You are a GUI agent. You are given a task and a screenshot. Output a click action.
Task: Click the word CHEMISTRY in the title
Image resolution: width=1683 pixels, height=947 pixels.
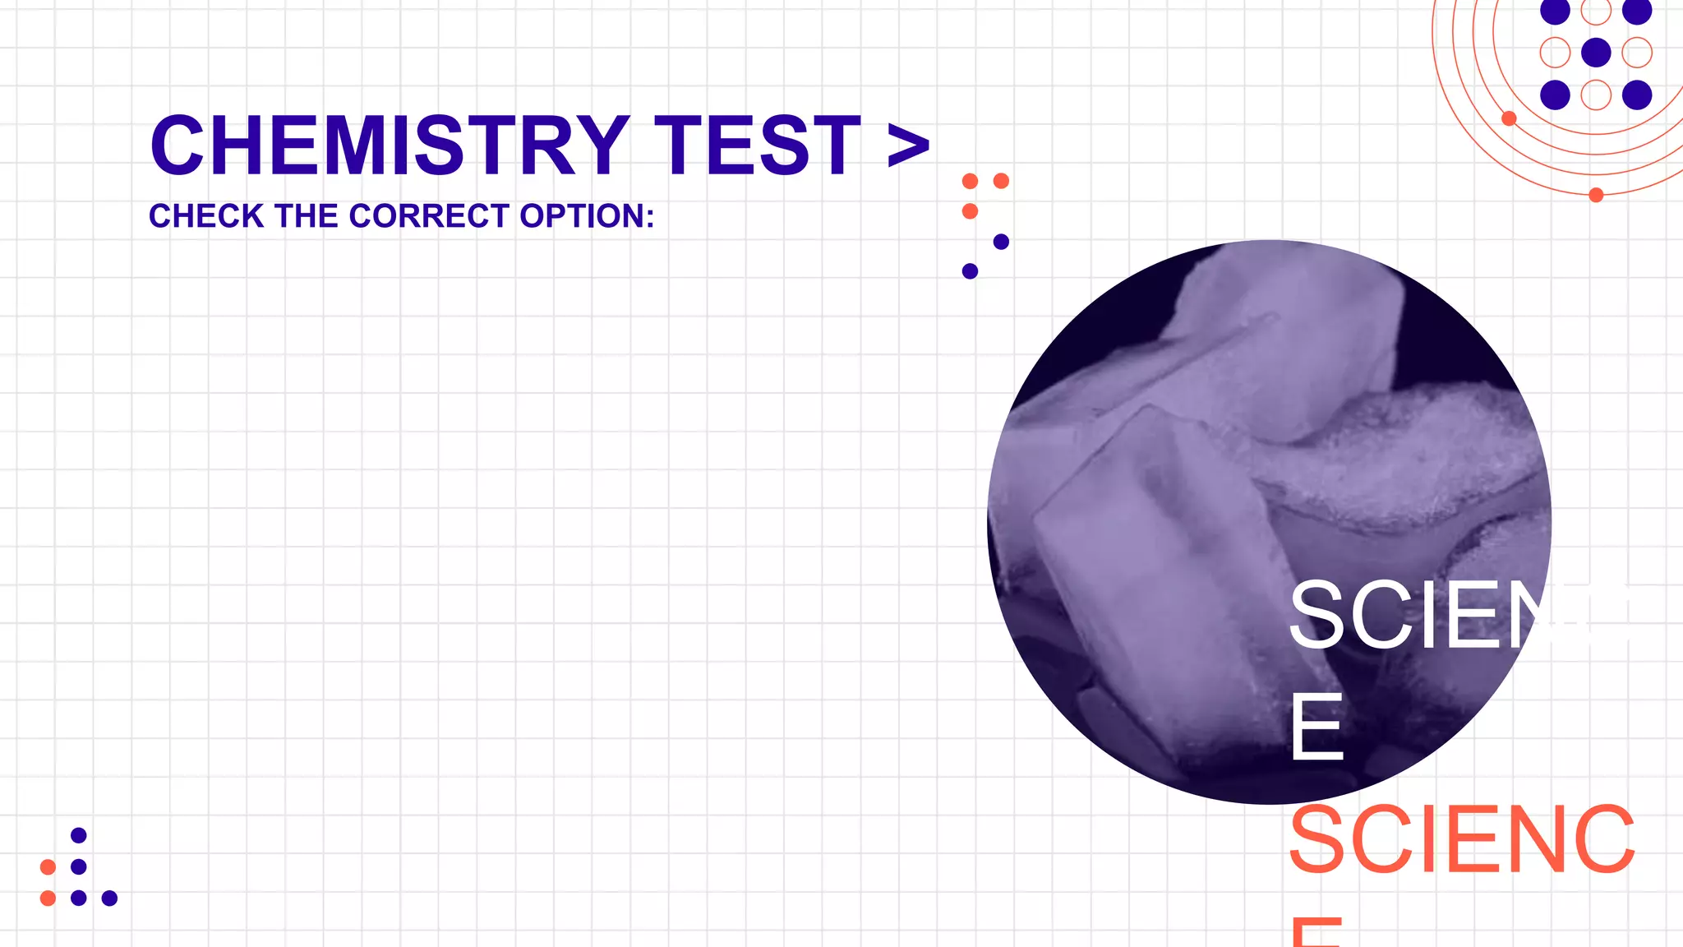coord(390,146)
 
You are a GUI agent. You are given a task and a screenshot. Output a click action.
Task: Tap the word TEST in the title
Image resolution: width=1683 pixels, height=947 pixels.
coord(757,146)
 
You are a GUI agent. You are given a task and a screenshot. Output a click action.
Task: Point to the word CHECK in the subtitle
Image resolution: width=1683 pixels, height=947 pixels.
coord(206,216)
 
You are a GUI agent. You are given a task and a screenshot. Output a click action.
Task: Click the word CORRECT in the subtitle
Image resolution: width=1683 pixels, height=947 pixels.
coord(429,216)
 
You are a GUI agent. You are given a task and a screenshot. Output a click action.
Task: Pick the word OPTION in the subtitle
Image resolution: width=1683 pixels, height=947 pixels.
coord(582,216)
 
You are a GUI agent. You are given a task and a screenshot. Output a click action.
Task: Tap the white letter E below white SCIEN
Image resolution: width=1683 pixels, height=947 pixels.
coord(1316,728)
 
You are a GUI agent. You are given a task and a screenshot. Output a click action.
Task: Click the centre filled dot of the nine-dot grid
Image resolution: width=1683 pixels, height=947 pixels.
coord(1596,53)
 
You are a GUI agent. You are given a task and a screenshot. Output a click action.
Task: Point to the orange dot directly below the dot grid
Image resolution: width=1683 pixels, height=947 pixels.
coord(1596,195)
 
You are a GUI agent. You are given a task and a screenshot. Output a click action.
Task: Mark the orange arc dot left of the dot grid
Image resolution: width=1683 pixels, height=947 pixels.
coord(1509,118)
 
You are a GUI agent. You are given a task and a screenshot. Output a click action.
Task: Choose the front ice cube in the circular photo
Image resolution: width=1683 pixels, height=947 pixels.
coord(1150,575)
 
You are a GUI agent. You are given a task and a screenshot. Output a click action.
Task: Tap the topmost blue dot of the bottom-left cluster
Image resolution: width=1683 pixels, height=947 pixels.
coord(79,835)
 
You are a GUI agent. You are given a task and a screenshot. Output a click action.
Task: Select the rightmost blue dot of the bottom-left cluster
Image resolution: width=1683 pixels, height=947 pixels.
coord(109,898)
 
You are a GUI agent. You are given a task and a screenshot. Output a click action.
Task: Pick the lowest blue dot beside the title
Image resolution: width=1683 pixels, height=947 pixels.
coord(970,271)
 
